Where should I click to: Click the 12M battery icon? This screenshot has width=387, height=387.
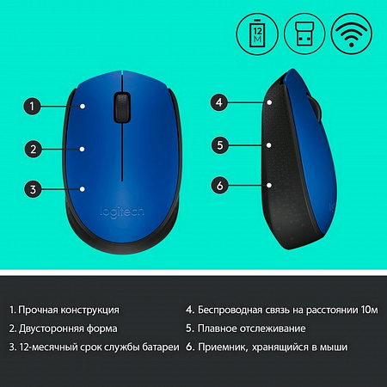point(257,34)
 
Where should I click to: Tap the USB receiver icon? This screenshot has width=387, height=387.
point(304,34)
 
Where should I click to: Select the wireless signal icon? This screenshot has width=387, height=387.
point(352,34)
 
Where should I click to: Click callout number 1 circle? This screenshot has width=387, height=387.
point(32,107)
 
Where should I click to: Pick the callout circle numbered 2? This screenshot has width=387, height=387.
point(34,149)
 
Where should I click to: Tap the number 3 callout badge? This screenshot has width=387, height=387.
point(33,189)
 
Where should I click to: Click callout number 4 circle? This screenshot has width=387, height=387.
point(219,102)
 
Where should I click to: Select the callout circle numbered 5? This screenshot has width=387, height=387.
point(220,145)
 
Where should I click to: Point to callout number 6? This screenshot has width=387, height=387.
point(220,185)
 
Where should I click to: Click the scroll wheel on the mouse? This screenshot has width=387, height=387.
point(122,107)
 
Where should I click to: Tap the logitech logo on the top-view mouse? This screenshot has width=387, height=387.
point(122,212)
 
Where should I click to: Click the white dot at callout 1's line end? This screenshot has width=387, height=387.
point(83,107)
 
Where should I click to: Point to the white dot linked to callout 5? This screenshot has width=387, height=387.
point(268,145)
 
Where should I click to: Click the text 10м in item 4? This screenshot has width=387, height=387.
point(370,310)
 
